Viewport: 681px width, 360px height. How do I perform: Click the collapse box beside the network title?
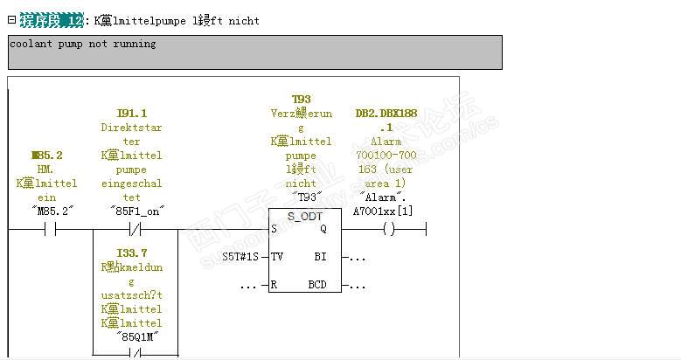click(12, 19)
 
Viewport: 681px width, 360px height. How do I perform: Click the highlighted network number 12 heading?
click(52, 20)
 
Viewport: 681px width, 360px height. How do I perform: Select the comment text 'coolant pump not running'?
click(83, 44)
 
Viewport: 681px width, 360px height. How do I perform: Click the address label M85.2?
click(46, 155)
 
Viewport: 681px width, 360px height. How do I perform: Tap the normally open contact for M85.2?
click(49, 230)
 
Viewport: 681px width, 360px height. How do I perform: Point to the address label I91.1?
click(131, 114)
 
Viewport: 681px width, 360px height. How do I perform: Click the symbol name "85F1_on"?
click(136, 211)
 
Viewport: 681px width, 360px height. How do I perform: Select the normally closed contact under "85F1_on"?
click(135, 230)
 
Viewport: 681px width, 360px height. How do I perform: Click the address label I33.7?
click(131, 253)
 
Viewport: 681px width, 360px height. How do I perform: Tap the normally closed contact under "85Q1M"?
click(135, 354)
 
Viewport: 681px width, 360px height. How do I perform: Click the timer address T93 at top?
click(301, 100)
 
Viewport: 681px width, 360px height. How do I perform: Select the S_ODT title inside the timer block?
click(304, 215)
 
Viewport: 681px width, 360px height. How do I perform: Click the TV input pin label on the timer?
click(277, 257)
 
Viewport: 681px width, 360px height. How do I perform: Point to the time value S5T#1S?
click(240, 257)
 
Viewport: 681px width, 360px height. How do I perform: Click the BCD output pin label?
click(316, 285)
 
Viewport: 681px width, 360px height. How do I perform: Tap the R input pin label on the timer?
click(274, 285)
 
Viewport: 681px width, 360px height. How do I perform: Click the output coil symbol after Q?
click(389, 230)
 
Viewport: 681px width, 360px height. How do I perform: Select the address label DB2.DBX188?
click(386, 114)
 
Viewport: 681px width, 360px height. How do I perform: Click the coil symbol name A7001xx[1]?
click(382, 211)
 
